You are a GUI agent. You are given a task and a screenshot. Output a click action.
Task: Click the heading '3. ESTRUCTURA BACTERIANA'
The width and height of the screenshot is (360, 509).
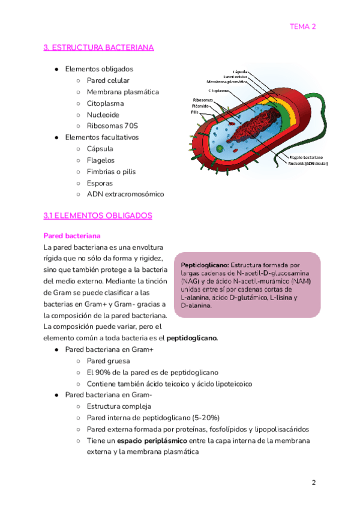(x=99, y=47)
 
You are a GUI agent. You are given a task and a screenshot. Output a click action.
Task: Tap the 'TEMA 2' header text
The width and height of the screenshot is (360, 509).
(x=302, y=26)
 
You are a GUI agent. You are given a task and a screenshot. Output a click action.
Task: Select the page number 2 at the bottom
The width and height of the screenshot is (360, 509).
(x=313, y=483)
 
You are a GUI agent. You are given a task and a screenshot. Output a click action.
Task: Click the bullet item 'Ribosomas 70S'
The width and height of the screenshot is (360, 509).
(x=112, y=126)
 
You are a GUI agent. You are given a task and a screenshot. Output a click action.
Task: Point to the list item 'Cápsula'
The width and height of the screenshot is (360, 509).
(x=100, y=149)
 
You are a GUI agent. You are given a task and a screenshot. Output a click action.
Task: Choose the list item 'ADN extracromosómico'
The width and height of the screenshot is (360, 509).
(x=125, y=194)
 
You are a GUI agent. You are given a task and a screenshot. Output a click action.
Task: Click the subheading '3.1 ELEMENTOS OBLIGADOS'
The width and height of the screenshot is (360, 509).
(x=98, y=215)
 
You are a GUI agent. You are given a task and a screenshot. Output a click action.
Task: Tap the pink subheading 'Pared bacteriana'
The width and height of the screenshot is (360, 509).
(x=72, y=236)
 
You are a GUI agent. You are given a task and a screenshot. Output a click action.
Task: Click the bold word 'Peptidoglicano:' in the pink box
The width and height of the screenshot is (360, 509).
(x=205, y=265)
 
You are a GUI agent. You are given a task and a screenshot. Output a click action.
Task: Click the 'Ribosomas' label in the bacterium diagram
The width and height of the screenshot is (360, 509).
(x=202, y=100)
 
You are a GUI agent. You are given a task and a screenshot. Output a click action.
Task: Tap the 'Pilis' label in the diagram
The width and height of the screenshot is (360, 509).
(x=195, y=112)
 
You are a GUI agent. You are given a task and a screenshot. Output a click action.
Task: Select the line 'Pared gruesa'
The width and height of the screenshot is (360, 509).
(x=108, y=361)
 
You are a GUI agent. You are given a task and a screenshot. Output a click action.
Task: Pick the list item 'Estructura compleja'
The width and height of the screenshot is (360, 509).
(x=119, y=407)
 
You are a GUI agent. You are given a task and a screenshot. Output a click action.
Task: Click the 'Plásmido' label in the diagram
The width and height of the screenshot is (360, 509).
(x=200, y=106)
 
